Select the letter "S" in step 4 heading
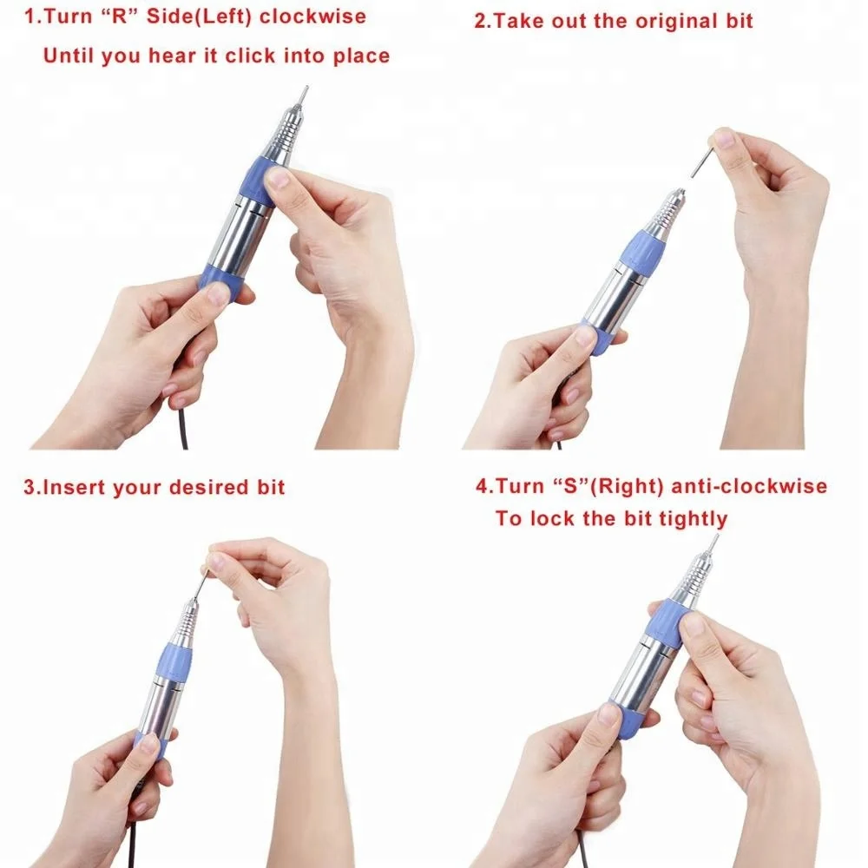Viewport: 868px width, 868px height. pos(565,485)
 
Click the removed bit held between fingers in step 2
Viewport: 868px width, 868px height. pos(701,161)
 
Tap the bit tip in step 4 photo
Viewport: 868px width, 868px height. pos(715,541)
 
